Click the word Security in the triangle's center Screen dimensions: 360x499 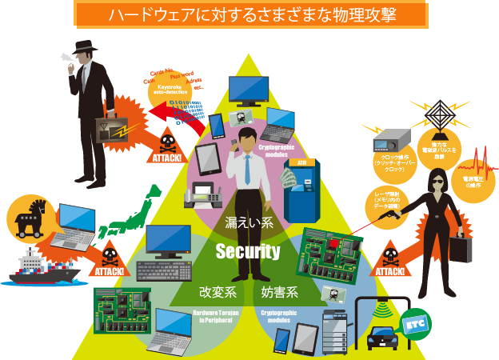click(248, 252)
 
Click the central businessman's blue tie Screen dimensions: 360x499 click(248, 168)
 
